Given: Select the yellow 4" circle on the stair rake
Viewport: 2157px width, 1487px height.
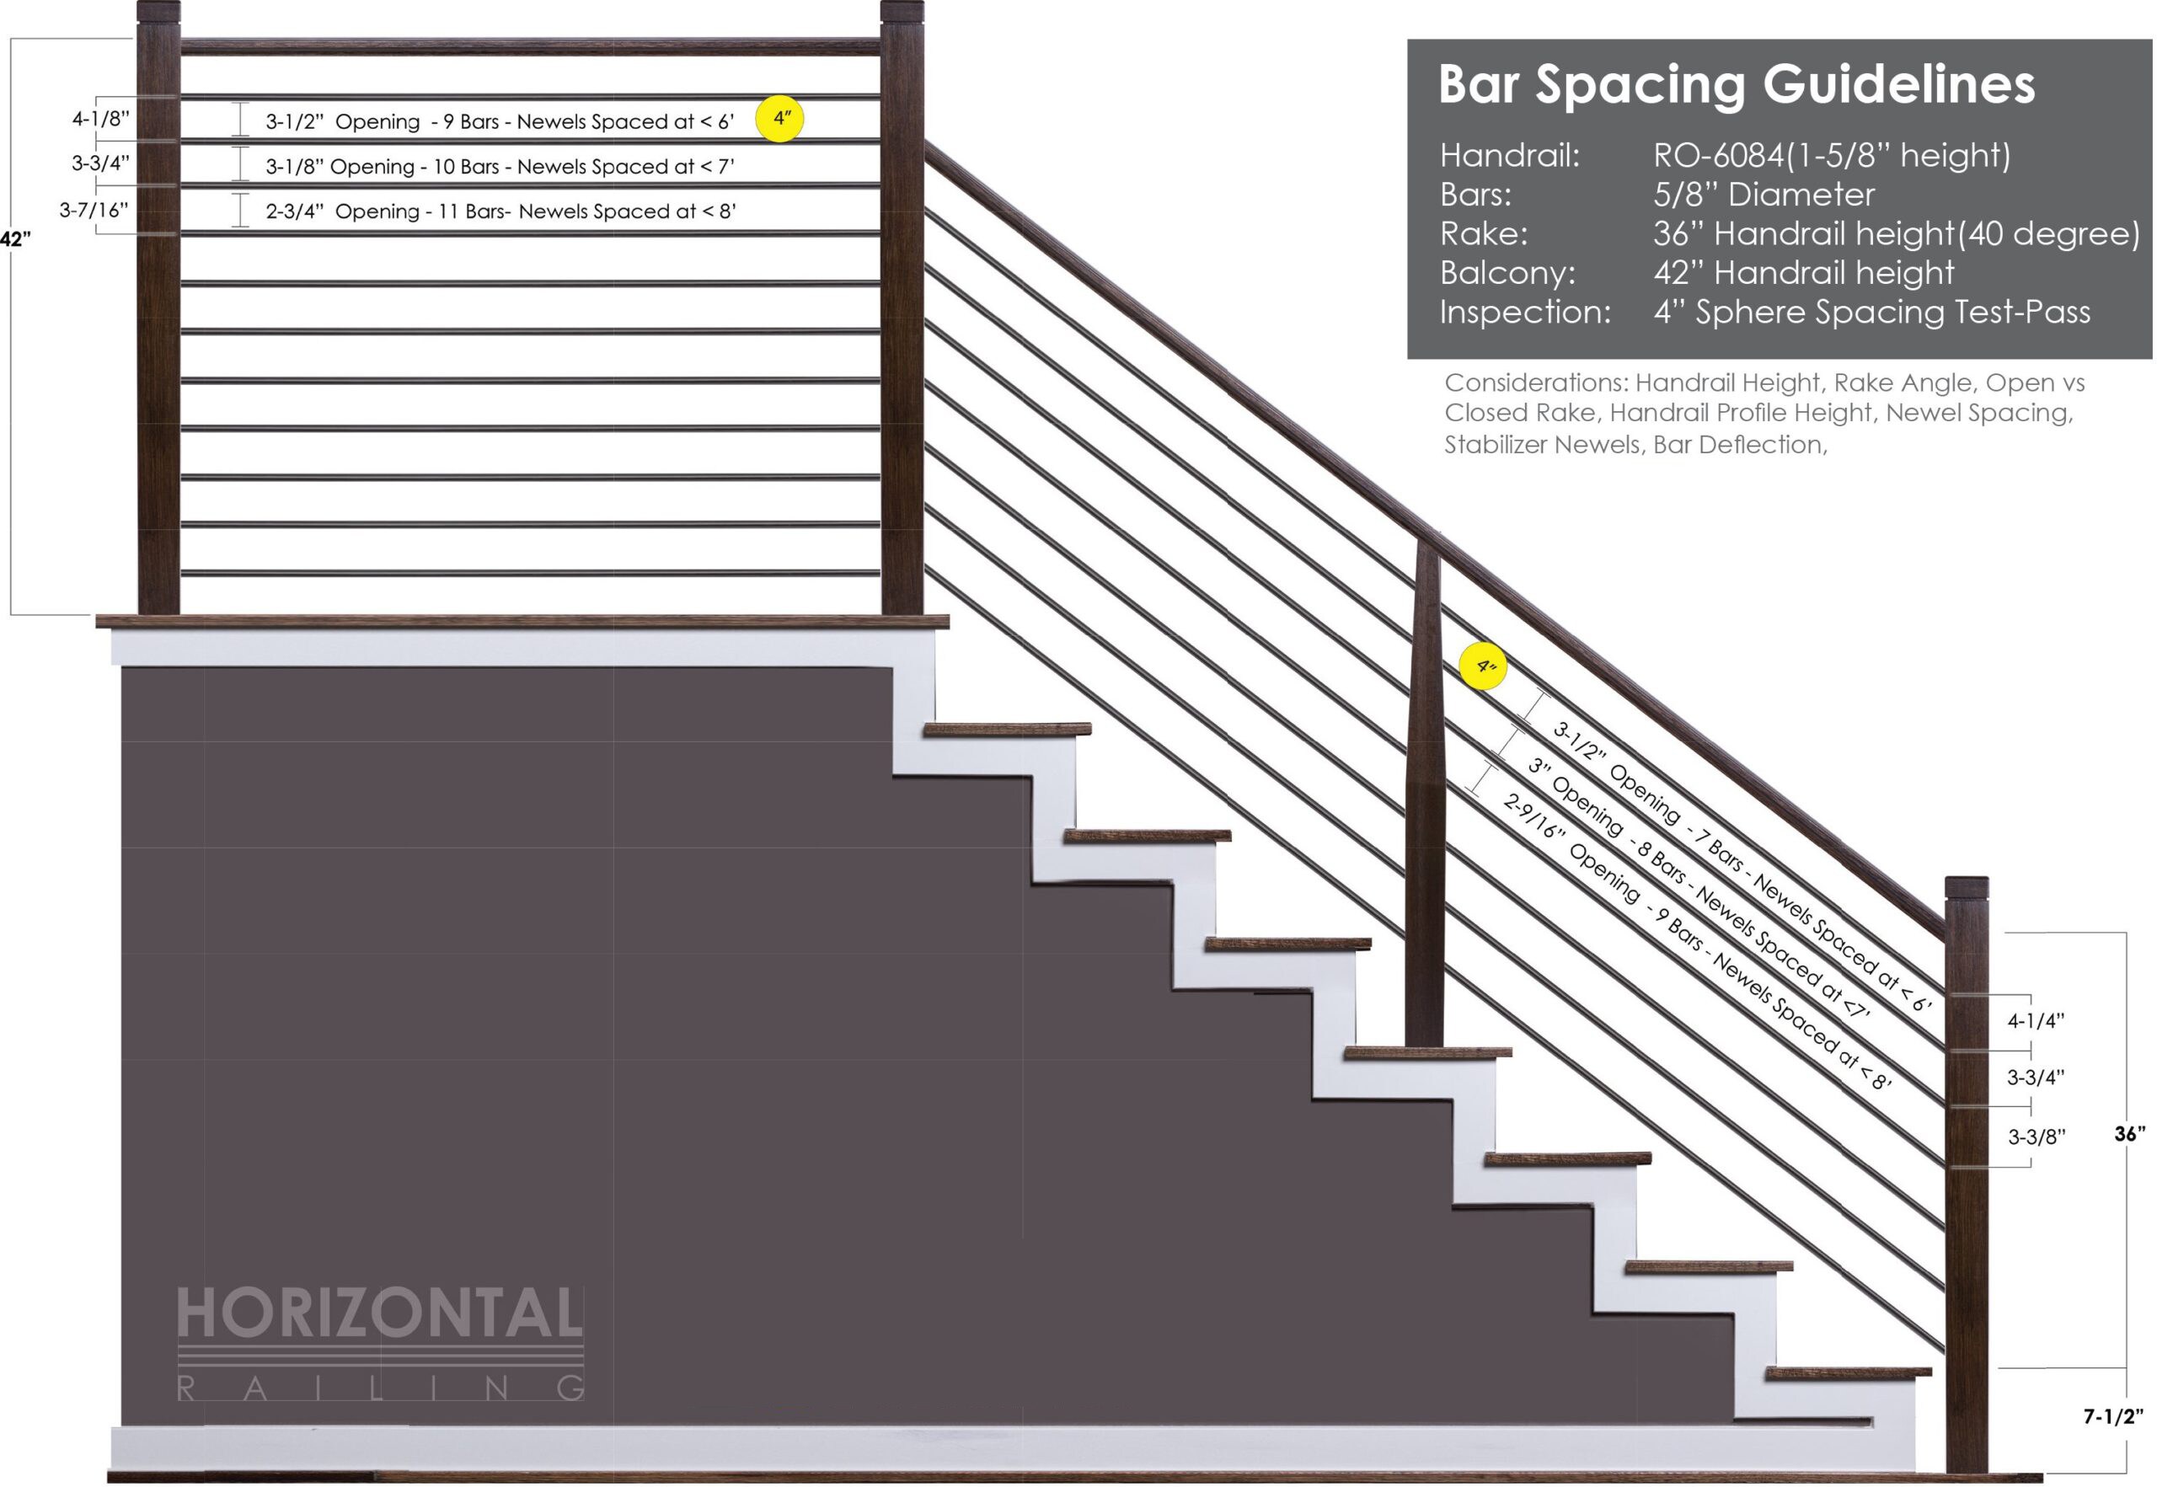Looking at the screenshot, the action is (x=1483, y=666).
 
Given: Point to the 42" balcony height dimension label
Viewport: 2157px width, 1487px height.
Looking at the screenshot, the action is (x=15, y=239).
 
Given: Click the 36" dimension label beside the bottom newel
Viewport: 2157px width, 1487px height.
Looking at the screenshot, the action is (x=2129, y=1134).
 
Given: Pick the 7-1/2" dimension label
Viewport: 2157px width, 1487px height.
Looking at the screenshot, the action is (x=2113, y=1417).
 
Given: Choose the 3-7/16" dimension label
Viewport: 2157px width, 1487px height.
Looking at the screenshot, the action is (x=94, y=210).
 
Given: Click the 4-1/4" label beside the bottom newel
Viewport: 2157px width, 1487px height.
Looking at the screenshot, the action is (x=2036, y=1021).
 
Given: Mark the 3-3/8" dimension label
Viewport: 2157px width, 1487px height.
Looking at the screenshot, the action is (x=2037, y=1137).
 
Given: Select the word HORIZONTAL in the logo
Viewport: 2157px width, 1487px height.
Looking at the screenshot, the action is (x=379, y=1313).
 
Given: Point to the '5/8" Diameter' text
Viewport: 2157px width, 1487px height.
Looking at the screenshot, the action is (x=1764, y=195).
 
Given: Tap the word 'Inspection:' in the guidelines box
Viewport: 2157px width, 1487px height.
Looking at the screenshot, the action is (x=1525, y=312).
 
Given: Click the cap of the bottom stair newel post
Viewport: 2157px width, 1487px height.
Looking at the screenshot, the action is (x=1966, y=888).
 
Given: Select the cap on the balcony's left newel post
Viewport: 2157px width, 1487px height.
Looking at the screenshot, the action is (x=158, y=12).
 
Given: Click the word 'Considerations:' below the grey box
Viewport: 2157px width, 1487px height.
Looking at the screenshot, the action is (x=1537, y=383).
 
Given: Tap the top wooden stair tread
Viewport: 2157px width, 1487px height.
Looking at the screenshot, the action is (x=1007, y=730).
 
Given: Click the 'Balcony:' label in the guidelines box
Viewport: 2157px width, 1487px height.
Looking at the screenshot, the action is (x=1507, y=273).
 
